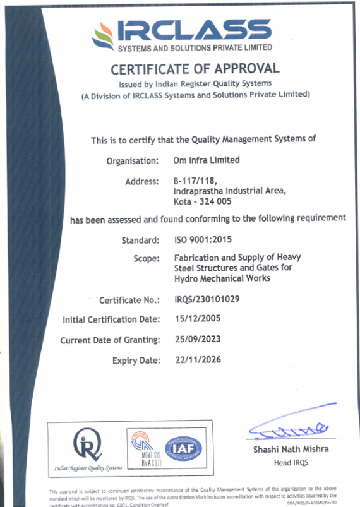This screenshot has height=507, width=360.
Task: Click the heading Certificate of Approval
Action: pyautogui.click(x=195, y=69)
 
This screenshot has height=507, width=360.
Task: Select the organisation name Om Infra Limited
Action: pyautogui.click(x=207, y=160)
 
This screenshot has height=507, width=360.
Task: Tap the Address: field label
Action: pyautogui.click(x=141, y=182)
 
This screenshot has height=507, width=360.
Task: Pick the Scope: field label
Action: pyautogui.click(x=146, y=258)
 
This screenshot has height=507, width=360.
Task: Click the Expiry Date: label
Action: pyautogui.click(x=136, y=361)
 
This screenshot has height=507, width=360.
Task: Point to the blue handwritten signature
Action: pyautogui.click(x=287, y=427)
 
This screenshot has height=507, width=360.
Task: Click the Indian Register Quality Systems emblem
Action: pyautogui.click(x=88, y=443)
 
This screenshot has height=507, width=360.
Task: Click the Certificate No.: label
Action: pyautogui.click(x=129, y=300)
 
